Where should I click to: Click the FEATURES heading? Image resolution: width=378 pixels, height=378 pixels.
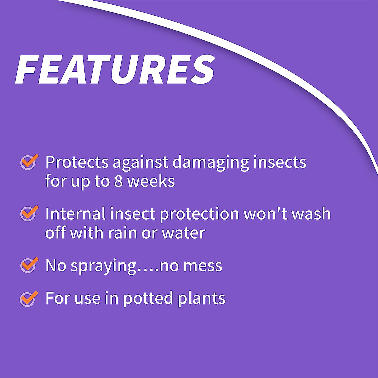(x=115, y=70)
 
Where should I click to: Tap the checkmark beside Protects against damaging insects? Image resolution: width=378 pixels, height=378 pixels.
(x=29, y=163)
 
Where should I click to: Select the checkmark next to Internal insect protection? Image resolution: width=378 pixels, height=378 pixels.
(x=29, y=214)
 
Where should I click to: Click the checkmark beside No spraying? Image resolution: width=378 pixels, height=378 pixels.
(x=29, y=265)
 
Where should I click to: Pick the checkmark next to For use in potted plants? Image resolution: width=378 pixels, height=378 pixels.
(x=29, y=298)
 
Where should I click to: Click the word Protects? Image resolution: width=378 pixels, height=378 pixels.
(x=77, y=163)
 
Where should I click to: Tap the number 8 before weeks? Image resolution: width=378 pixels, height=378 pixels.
(x=118, y=181)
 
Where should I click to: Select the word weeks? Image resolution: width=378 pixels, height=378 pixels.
(x=151, y=181)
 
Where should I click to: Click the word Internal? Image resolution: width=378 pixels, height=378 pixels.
(x=75, y=214)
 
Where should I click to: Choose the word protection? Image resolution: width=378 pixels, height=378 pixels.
(x=199, y=214)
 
